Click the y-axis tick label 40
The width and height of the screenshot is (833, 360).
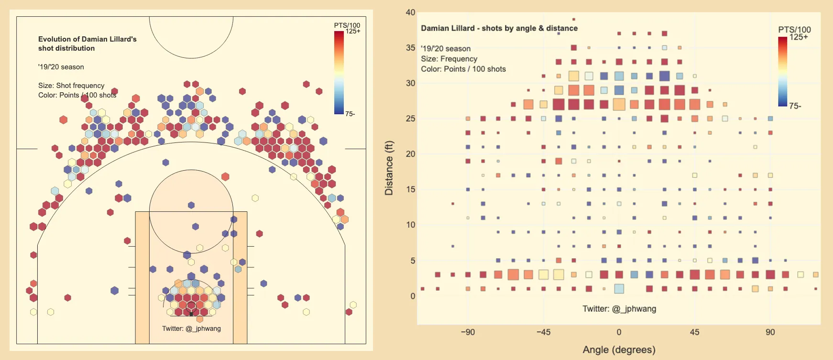(x=410, y=12)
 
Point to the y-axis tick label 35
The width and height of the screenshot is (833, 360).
(x=410, y=48)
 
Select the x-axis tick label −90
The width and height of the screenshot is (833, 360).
(x=467, y=332)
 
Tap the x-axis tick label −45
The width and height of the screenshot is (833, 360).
(x=543, y=332)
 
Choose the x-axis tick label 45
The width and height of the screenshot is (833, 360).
(x=694, y=332)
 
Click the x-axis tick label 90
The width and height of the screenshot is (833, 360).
(x=770, y=332)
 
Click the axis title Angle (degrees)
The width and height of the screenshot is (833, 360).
(x=619, y=349)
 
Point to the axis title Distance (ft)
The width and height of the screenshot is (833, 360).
(x=389, y=168)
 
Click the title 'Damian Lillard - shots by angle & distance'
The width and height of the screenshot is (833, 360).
(x=499, y=28)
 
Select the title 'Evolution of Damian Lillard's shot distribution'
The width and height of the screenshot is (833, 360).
(x=87, y=44)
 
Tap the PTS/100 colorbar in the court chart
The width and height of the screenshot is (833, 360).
(x=339, y=72)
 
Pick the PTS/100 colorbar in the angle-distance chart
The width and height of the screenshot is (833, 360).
(x=782, y=71)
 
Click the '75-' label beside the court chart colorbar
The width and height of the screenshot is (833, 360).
(x=350, y=114)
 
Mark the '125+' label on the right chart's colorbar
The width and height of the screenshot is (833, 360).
(x=798, y=37)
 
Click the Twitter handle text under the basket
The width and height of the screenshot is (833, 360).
(x=191, y=328)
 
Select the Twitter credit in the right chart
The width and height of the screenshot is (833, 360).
(x=619, y=309)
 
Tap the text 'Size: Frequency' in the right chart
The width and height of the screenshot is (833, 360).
(x=449, y=59)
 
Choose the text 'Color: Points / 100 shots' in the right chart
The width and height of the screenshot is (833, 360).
(x=463, y=69)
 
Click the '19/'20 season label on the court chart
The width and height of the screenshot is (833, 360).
(x=61, y=67)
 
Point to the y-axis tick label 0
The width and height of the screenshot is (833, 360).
(x=413, y=296)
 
